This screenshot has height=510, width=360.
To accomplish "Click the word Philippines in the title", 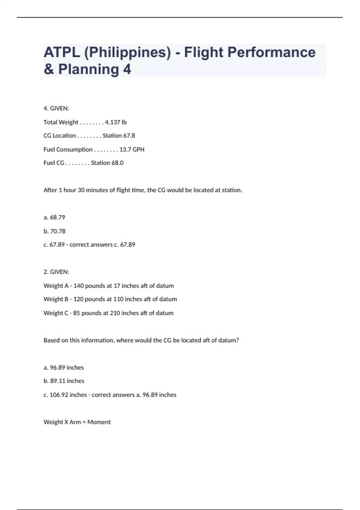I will click(127, 52).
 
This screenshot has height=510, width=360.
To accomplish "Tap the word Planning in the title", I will click(88, 69).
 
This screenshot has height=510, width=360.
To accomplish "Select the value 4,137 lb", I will click(116, 122).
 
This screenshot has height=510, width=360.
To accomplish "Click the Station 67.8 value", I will click(119, 136).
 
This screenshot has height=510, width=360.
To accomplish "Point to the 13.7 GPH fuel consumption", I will click(132, 149).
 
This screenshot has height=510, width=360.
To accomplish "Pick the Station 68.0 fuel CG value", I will click(107, 163).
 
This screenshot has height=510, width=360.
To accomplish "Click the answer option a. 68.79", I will click(54, 217).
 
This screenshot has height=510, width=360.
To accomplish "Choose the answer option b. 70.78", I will click(54, 231).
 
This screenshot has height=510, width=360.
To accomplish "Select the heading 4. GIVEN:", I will click(56, 108).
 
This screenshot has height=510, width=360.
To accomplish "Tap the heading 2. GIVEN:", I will click(56, 272).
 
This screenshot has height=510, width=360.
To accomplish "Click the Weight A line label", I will click(56, 286).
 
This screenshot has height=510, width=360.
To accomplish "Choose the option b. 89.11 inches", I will click(64, 381).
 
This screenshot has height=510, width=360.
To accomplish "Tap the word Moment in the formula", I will click(99, 422).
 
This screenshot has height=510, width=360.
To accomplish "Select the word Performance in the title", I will click(271, 52).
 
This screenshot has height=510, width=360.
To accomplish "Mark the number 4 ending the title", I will click(127, 69).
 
